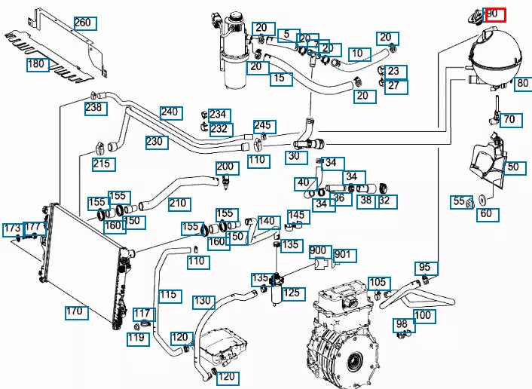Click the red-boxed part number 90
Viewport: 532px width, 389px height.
495,14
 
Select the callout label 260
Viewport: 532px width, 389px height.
83,23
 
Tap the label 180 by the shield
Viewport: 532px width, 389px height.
37,65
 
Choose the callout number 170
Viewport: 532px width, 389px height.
74,311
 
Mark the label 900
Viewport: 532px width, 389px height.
318,251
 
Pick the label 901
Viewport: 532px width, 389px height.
343,255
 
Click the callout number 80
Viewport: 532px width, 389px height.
521,84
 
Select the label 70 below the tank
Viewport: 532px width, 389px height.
510,119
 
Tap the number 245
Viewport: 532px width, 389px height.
262,125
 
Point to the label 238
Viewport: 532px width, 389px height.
94,108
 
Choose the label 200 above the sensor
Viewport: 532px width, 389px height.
226,167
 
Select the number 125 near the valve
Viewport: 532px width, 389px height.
291,292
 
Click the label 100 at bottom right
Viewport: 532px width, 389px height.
423,315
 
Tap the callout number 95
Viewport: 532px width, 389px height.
425,267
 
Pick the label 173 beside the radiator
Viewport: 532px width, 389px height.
12,228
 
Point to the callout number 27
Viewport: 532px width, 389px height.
396,86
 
